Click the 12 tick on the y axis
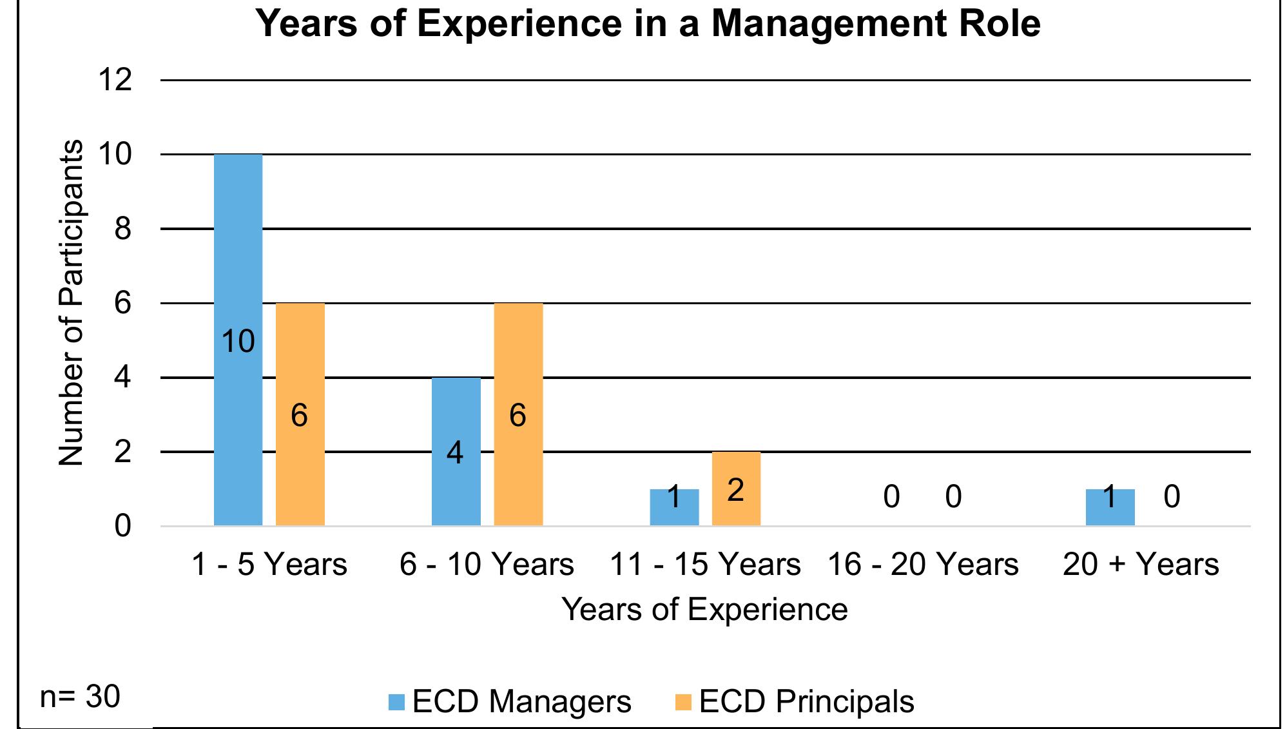click(x=115, y=81)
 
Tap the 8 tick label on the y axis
click(x=122, y=229)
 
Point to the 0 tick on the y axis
click(x=122, y=527)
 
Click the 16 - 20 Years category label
click(x=922, y=565)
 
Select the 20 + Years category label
click(x=1140, y=565)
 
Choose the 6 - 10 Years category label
click(x=487, y=565)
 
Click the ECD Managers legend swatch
click(x=396, y=702)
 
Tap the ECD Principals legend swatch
click(x=683, y=702)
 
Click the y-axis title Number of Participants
click(x=71, y=303)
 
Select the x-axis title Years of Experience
click(x=704, y=609)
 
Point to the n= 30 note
click(x=80, y=697)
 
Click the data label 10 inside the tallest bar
click(x=238, y=341)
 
